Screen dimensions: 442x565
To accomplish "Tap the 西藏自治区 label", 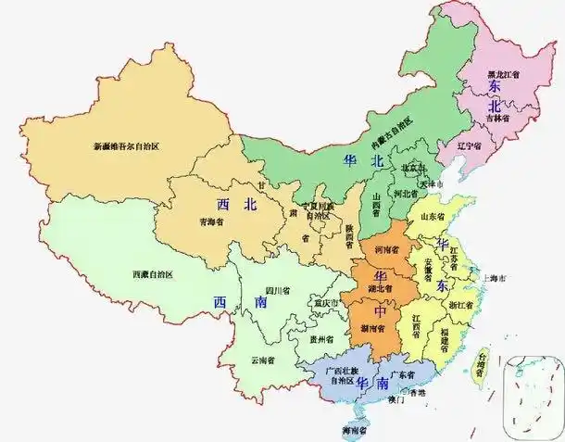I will [153, 274].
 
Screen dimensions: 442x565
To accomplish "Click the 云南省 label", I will [262, 359].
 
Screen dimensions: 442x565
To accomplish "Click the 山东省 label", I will [433, 216].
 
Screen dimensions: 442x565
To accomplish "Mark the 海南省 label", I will [354, 431].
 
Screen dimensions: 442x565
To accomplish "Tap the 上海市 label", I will [493, 278].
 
